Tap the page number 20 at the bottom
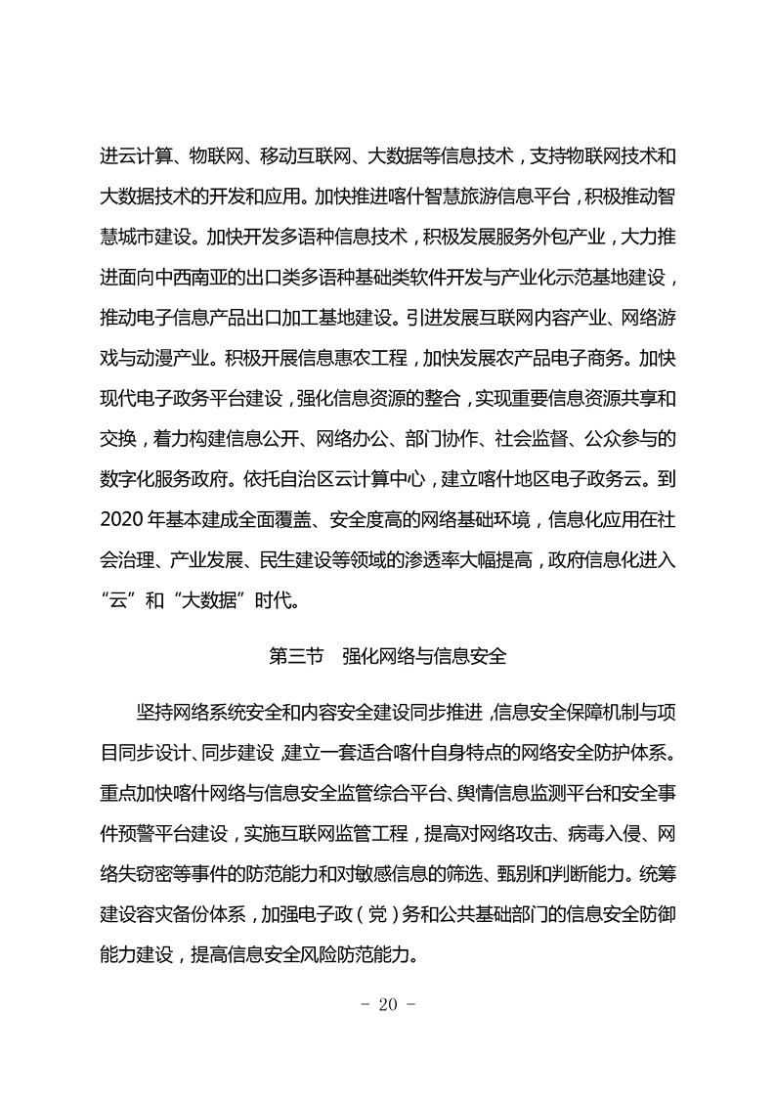[x=387, y=1004]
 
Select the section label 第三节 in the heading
[x=295, y=656]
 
